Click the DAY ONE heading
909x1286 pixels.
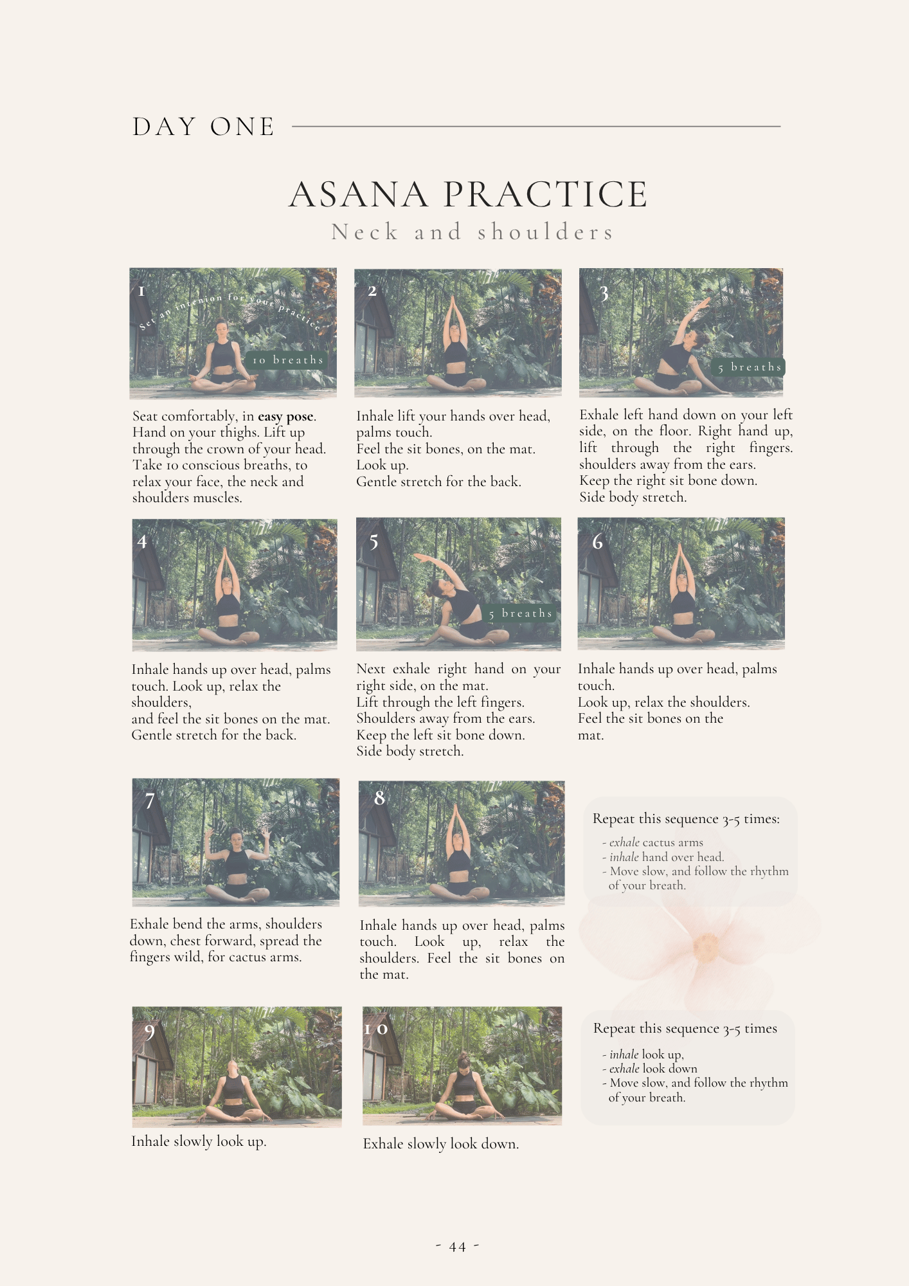(x=204, y=127)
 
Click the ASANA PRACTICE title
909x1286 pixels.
(x=468, y=194)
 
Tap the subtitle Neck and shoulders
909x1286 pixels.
(x=473, y=232)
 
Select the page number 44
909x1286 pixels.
(x=458, y=1247)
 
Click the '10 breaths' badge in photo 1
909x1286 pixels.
(x=287, y=360)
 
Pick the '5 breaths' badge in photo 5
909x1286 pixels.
(x=520, y=613)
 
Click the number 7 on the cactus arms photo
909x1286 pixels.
(x=150, y=801)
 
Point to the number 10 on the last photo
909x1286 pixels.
(x=376, y=1029)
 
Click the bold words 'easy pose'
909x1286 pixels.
(x=286, y=416)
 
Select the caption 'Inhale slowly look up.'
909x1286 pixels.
(x=199, y=1141)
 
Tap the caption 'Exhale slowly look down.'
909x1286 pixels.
(x=441, y=1144)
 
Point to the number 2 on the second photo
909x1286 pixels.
(x=372, y=291)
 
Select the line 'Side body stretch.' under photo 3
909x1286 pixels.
(x=633, y=497)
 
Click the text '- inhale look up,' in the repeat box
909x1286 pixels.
(x=643, y=1055)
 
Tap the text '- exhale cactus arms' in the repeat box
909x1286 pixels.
(x=652, y=842)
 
